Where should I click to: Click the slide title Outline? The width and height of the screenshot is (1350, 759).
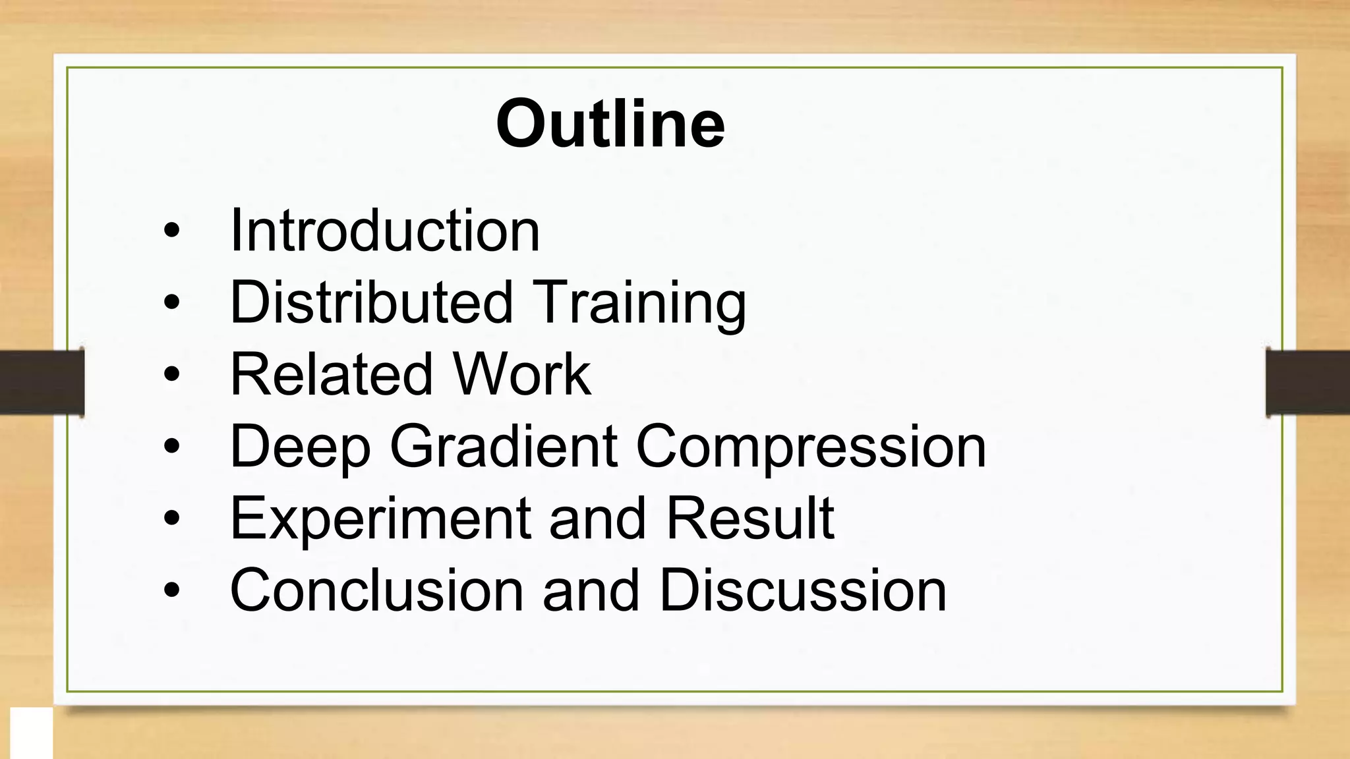pyautogui.click(x=610, y=124)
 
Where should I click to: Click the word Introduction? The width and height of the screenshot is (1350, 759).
pyautogui.click(x=384, y=230)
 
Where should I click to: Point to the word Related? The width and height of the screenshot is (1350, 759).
pyautogui.click(x=330, y=374)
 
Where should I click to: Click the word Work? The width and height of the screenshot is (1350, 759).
pyautogui.click(x=521, y=374)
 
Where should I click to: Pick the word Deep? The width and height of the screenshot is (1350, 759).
pyautogui.click(x=300, y=447)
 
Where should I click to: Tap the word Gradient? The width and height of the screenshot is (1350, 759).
pyautogui.click(x=504, y=446)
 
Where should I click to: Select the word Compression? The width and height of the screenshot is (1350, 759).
pyautogui.click(x=811, y=447)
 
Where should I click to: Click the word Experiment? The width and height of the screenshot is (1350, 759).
pyautogui.click(x=380, y=519)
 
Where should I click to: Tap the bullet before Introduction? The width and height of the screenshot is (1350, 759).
pyautogui.click(x=171, y=231)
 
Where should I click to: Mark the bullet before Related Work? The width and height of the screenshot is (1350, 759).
pyautogui.click(x=171, y=375)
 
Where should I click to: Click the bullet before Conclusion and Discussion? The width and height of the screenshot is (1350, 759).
pyautogui.click(x=171, y=590)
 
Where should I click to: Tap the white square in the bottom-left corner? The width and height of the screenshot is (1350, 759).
pyautogui.click(x=31, y=733)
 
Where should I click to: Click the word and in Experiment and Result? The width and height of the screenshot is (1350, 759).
pyautogui.click(x=597, y=519)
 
